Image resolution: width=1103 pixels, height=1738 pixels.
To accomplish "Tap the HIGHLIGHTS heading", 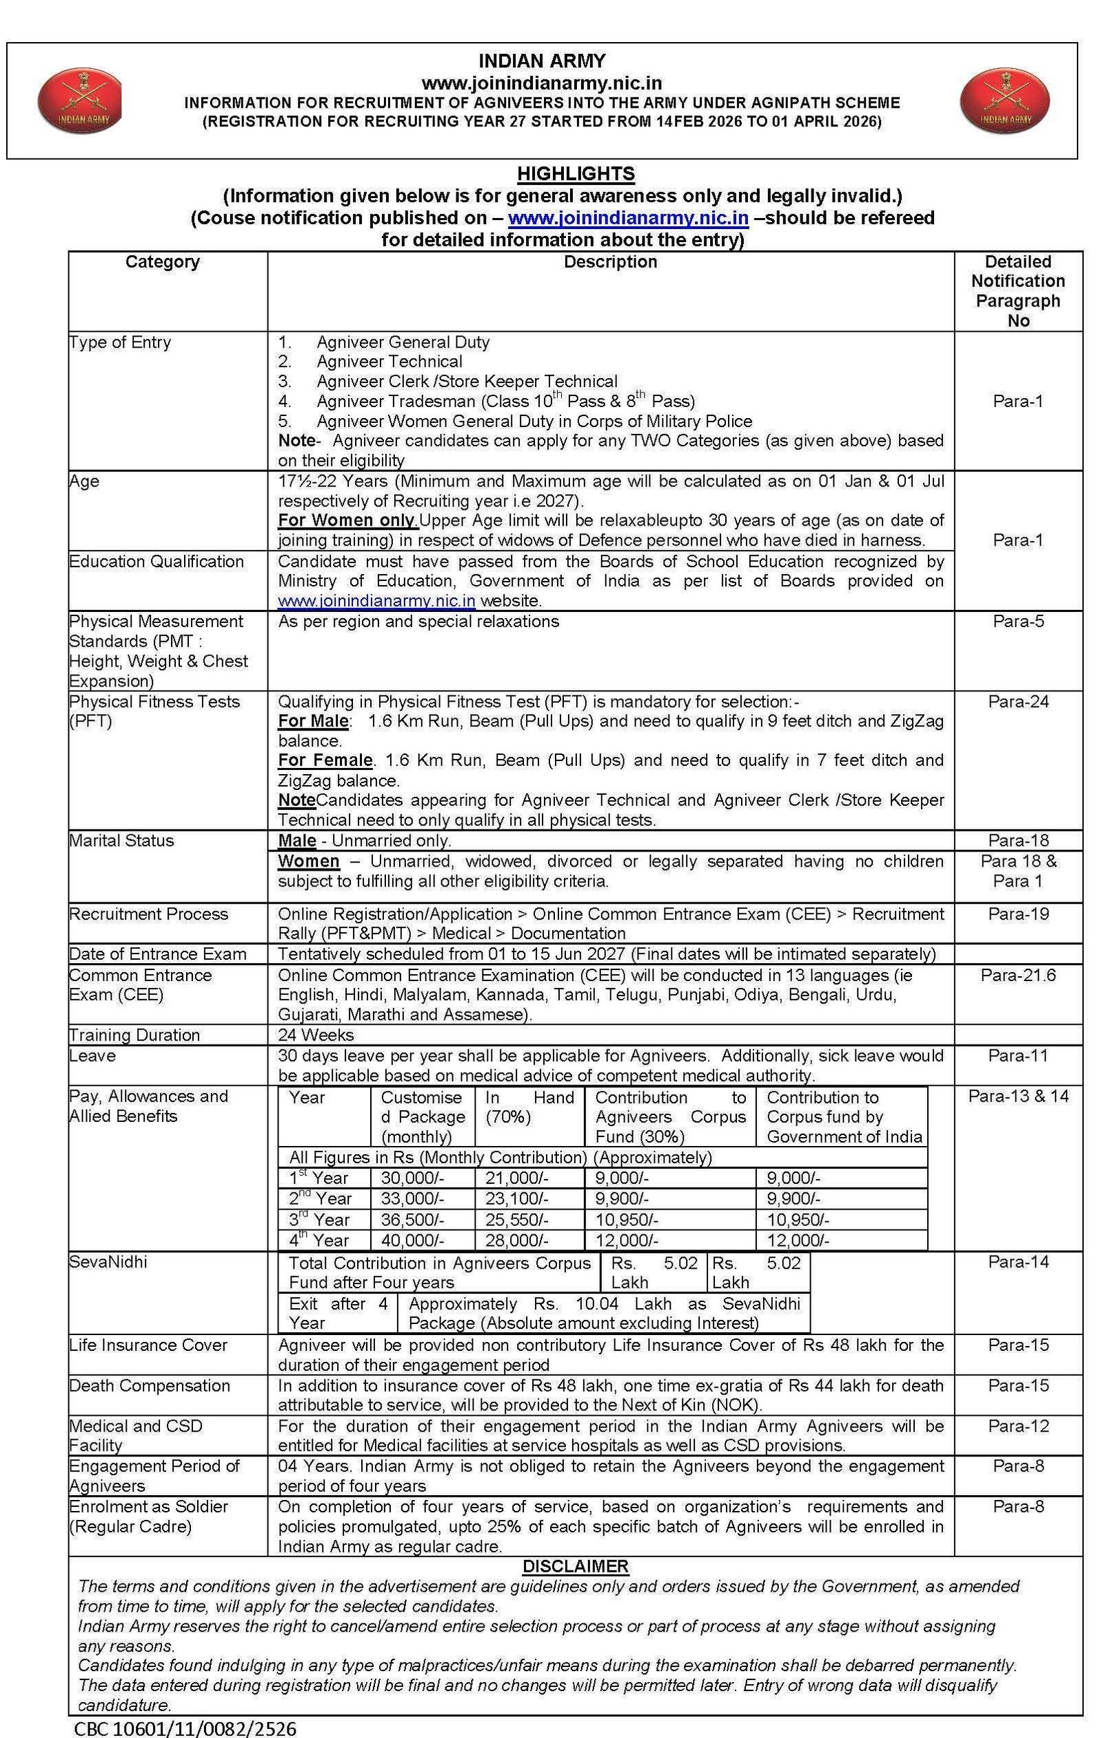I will [576, 173].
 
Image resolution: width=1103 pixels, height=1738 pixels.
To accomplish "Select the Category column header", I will [162, 261].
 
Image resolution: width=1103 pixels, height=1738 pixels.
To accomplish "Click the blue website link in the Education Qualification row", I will [376, 600].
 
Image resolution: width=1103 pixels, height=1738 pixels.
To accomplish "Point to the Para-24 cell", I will [1018, 701].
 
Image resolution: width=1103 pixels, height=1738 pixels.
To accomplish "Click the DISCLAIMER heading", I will [576, 1566].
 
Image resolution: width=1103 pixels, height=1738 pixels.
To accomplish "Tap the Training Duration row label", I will [134, 1035].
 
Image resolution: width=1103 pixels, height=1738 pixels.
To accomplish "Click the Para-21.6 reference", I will [1018, 975].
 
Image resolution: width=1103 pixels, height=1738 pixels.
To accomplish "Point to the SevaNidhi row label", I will [108, 1262].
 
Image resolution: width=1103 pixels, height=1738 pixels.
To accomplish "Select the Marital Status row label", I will [121, 840].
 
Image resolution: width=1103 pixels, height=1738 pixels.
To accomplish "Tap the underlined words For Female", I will [325, 760].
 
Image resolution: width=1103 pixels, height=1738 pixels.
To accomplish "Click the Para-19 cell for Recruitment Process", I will [1018, 914].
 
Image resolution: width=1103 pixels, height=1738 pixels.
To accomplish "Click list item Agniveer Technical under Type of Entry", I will [389, 362].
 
